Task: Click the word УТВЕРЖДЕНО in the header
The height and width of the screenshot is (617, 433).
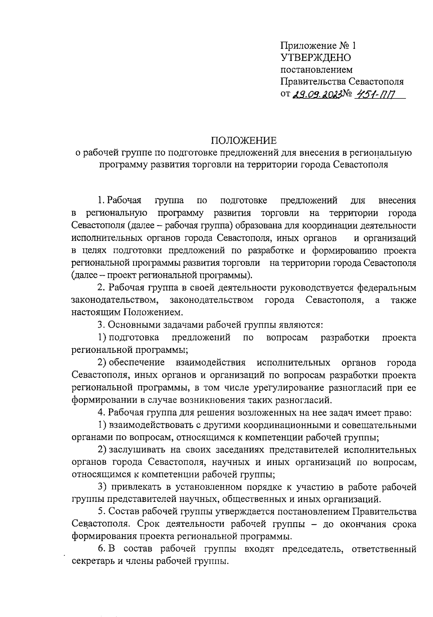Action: point(315,57)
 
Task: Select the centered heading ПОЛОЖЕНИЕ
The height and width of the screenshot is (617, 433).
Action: point(243,141)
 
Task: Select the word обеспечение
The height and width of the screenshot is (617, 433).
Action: point(137,362)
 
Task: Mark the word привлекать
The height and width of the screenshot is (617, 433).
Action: point(134,487)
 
